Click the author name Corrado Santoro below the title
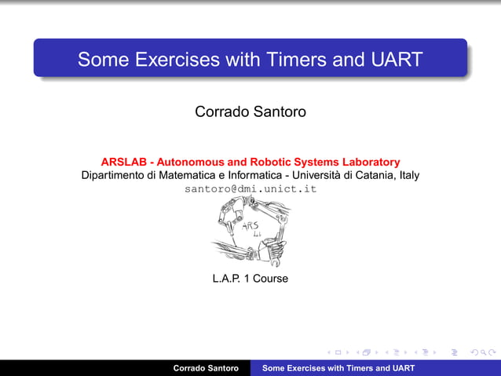(250, 112)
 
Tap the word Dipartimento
(117, 175)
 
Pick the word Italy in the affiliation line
(409, 175)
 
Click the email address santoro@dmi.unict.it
(250, 189)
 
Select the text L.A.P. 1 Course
(250, 279)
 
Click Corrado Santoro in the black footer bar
(206, 368)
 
